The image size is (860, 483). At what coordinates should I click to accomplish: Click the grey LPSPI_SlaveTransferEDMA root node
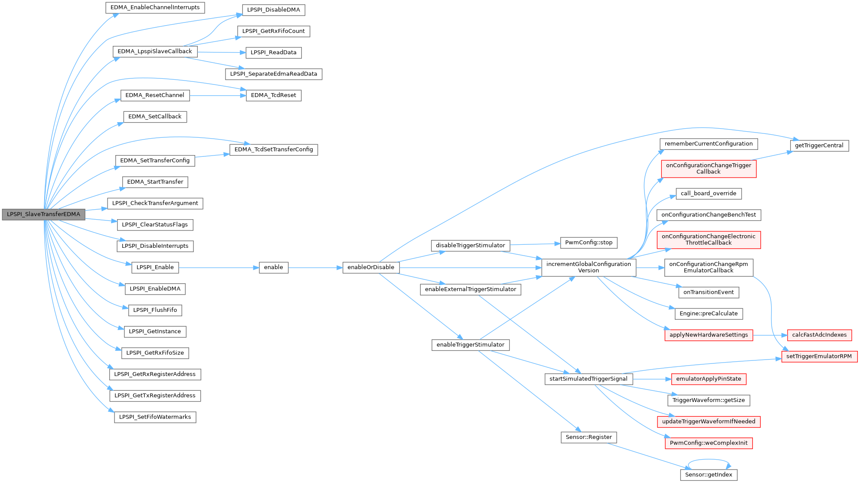[x=43, y=214]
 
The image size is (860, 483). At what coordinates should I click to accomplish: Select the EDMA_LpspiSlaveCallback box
[x=155, y=52]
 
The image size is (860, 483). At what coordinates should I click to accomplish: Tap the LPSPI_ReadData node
[x=273, y=52]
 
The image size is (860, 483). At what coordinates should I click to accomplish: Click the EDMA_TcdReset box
[x=273, y=95]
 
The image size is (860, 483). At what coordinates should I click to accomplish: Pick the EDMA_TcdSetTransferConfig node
[x=273, y=149]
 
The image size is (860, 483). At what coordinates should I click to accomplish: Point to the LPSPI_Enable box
[x=155, y=267]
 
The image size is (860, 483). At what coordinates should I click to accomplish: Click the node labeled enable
[x=273, y=267]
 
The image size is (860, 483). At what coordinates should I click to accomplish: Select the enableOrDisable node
[x=371, y=267]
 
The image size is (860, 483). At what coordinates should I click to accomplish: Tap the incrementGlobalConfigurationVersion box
[x=589, y=267]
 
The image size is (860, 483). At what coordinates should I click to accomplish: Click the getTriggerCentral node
[x=819, y=146]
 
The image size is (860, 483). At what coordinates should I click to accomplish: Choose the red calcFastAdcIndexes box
[x=819, y=335]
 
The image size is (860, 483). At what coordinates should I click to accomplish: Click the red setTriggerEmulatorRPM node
[x=819, y=357]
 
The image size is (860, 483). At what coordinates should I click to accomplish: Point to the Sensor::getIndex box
[x=708, y=475]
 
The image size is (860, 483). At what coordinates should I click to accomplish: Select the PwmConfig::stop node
[x=589, y=243]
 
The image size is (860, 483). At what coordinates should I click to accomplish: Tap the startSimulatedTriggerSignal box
[x=588, y=379]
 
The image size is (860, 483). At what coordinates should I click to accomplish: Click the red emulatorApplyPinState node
[x=708, y=379]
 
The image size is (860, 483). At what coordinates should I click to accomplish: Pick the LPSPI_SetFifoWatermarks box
[x=155, y=417]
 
